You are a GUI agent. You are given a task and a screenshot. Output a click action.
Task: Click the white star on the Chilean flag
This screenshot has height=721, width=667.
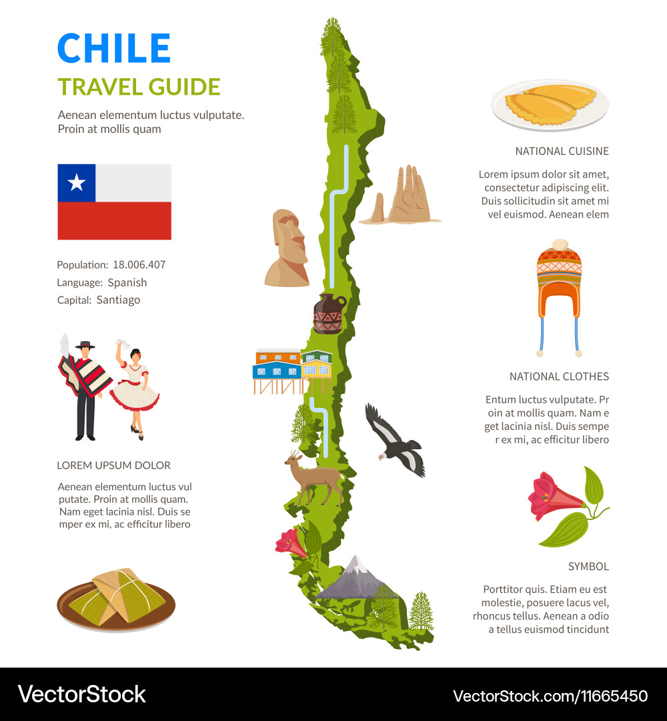77,182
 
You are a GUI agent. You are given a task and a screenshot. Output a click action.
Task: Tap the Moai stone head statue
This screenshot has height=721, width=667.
288,247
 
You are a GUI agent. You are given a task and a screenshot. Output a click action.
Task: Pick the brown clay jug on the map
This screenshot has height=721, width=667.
329,313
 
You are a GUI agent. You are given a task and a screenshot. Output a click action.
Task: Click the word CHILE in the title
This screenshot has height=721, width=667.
114,48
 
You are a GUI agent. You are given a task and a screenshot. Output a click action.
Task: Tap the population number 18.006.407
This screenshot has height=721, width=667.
139,264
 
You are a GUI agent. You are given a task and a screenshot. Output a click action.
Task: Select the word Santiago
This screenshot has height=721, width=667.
118,300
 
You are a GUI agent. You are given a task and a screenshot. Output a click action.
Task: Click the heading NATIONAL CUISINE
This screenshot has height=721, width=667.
562,151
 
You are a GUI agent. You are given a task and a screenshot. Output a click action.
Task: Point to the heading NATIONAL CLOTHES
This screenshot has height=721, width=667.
559,377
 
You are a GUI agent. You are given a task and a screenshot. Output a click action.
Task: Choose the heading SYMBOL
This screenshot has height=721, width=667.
588,566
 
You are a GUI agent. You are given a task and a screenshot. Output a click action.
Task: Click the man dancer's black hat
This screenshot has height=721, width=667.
85,344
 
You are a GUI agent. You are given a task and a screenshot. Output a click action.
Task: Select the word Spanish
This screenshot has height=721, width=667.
127,282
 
